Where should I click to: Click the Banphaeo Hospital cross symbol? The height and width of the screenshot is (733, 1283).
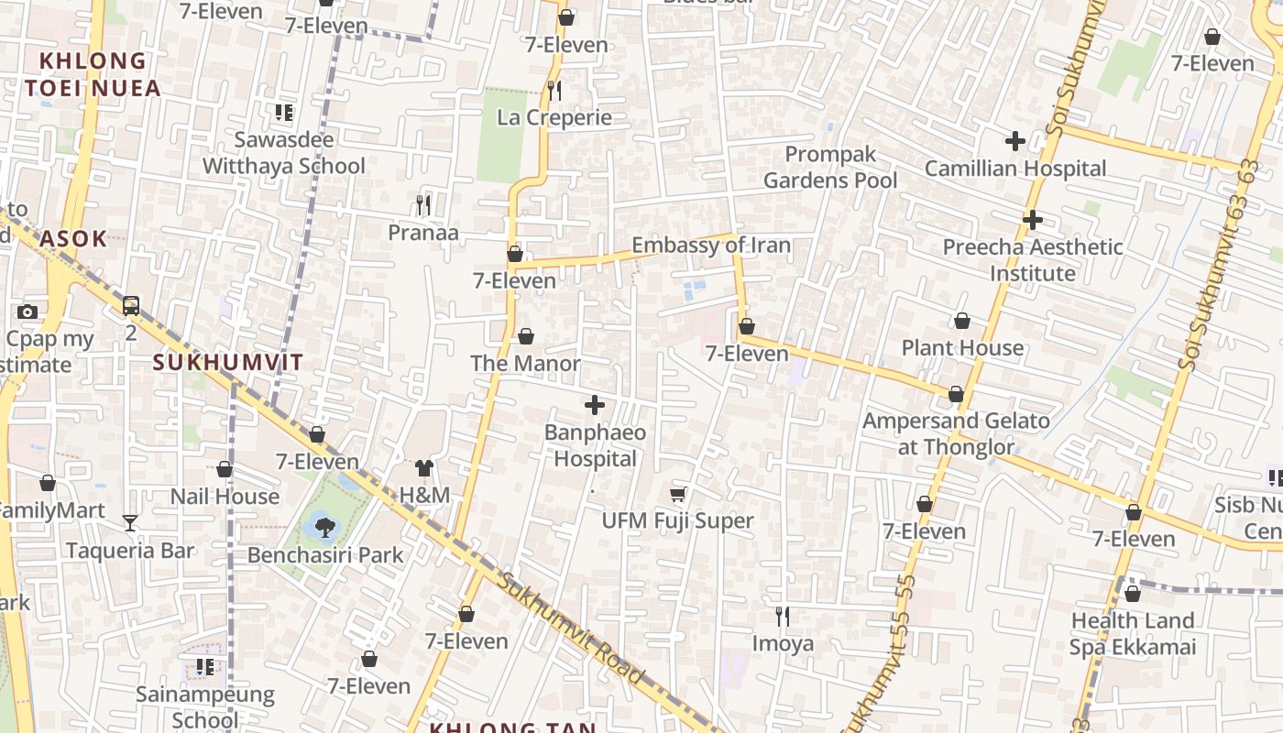tap(595, 404)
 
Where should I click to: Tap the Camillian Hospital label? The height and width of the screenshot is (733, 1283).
tap(1015, 169)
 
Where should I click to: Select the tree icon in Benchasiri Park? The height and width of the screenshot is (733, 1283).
tap(323, 526)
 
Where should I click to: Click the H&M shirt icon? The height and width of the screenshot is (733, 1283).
tap(423, 468)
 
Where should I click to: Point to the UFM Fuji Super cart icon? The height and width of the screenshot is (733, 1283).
tap(678, 495)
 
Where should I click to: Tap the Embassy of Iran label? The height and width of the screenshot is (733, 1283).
tap(711, 246)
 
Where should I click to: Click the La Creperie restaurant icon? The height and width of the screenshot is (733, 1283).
tap(554, 90)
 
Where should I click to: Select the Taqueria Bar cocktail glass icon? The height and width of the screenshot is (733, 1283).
tap(130, 522)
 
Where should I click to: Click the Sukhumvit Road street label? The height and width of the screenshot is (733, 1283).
tap(573, 629)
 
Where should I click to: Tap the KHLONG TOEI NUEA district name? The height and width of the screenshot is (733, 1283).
tap(93, 74)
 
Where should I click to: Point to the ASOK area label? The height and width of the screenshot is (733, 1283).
tap(73, 239)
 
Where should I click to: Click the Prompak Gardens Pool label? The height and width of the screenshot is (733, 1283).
tap(830, 167)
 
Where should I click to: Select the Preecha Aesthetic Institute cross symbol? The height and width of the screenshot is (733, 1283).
tap(1033, 220)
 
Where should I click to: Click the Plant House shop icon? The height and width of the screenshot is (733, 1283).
tap(962, 321)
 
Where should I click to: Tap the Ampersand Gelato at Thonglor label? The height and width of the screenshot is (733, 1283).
tap(956, 434)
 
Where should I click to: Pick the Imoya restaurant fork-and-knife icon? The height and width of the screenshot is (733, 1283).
tap(783, 616)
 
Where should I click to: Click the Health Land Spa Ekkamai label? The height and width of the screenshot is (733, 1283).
tap(1133, 634)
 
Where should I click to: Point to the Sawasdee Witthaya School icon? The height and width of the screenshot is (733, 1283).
tap(284, 113)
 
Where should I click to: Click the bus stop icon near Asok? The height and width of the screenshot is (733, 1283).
tap(131, 305)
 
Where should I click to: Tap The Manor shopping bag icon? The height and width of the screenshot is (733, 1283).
tap(526, 337)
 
